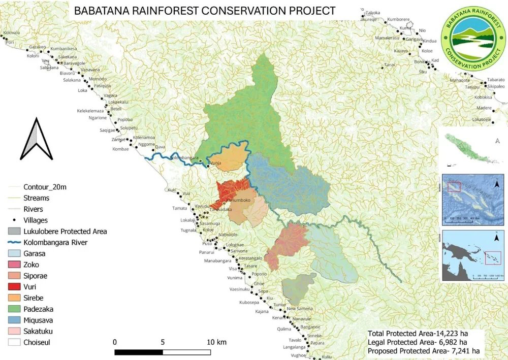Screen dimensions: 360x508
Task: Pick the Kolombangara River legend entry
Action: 55,242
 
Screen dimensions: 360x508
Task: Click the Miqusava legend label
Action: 38,320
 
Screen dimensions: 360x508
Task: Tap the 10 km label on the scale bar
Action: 216,341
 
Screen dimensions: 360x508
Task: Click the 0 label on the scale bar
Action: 115,341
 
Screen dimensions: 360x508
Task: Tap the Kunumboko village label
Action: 238,200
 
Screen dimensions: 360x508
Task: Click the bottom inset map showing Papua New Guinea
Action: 472,255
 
